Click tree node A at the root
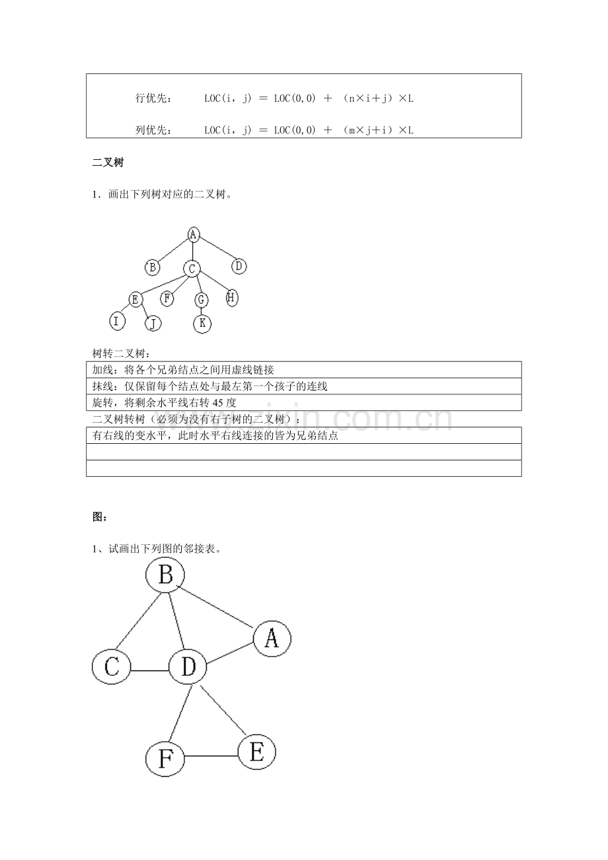193,234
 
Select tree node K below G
202,323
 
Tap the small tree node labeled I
117,322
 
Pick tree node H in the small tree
231,298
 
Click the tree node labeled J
153,323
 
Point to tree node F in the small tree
168,299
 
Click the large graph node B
165,575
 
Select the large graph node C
111,667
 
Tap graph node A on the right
271,638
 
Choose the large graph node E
256,752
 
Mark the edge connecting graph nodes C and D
149,670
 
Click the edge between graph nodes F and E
211,756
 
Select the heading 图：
100,517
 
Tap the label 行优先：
153,99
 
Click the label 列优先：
153,130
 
